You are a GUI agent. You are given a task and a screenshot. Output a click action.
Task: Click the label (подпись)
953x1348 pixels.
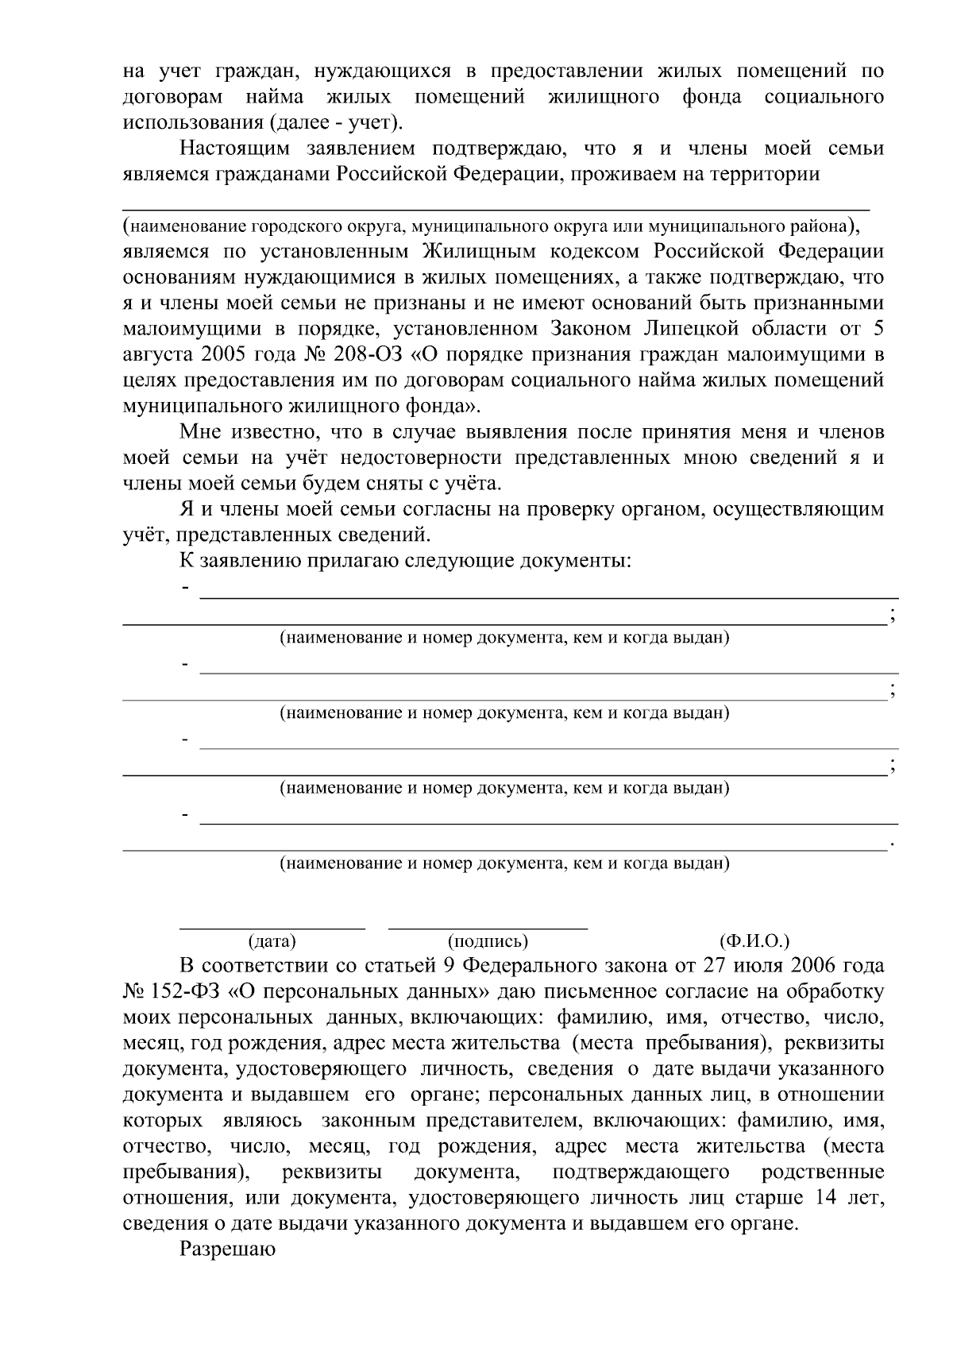488,941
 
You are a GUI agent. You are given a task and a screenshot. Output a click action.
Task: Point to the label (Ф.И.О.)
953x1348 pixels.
754,941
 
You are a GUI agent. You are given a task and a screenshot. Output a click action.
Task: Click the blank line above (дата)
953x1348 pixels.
272,927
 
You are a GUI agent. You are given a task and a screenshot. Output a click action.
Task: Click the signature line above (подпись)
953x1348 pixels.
488,927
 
